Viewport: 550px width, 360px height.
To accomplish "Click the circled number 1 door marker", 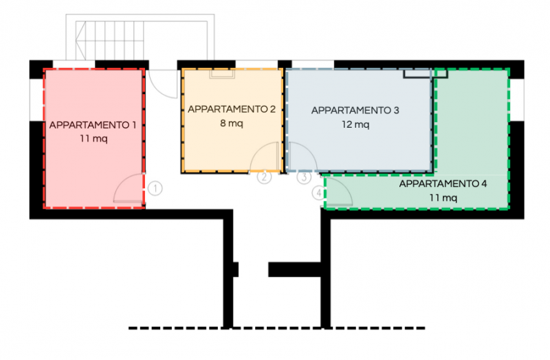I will coord(155,187).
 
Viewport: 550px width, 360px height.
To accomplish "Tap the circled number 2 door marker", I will coord(265,177).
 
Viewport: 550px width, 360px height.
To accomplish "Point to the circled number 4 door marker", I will coord(318,194).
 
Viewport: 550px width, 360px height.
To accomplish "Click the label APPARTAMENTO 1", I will coord(92,125).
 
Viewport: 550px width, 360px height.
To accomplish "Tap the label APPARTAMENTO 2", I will coord(232,109).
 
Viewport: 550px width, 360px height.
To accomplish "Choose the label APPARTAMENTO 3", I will coord(355,110).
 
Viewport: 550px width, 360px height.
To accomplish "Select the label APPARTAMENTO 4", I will coord(443,184).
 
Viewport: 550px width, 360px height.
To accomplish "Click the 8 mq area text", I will coord(232,124).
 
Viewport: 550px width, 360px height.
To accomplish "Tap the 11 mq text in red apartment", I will coord(93,138).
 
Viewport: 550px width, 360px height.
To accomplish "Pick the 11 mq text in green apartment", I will coord(443,198).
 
